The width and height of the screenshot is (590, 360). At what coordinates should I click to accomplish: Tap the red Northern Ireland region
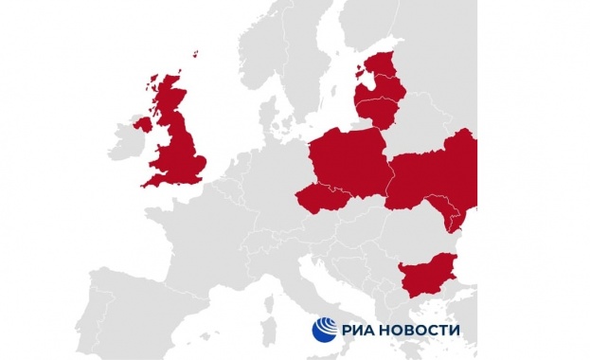tap(143, 123)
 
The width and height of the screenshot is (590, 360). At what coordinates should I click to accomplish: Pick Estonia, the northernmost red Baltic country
tap(383, 65)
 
